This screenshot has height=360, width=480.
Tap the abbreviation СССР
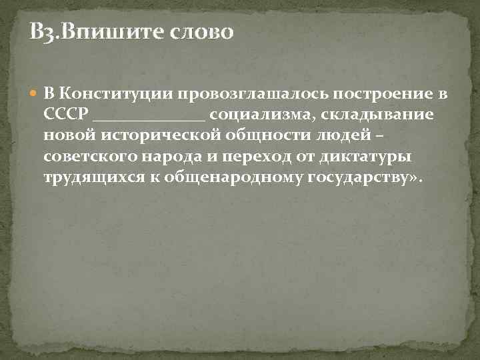[66, 114]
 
